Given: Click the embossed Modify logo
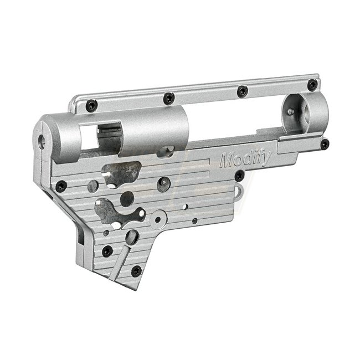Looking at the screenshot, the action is [246, 159].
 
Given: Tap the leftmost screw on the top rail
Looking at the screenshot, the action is [92, 106].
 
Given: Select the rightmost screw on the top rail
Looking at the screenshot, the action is [312, 85].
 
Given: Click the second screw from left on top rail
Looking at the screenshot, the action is [169, 99].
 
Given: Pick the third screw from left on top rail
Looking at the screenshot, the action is [243, 91].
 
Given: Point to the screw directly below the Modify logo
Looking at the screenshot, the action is [239, 176].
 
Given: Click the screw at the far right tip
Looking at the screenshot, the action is [325, 145].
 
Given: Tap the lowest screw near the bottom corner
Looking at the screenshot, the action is [136, 271].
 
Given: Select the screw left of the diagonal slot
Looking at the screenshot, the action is [107, 251].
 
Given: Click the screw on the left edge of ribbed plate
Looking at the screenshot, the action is [61, 186].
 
